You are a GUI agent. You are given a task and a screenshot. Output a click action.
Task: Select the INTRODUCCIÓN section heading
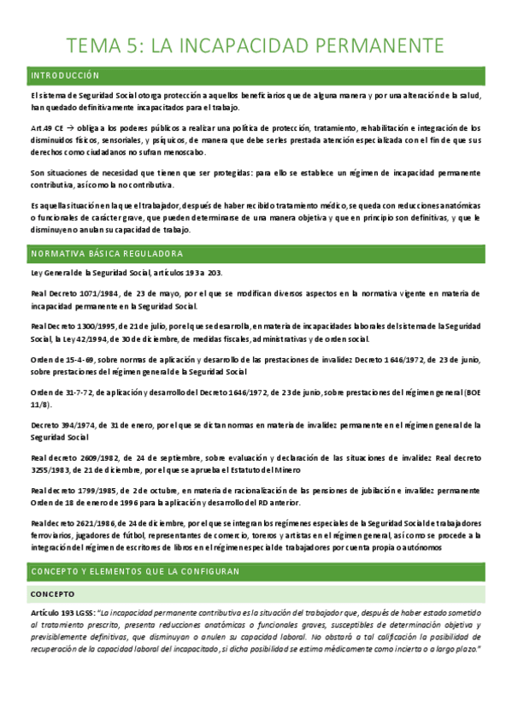[65, 76]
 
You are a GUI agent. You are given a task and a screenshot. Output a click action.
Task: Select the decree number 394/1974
[77, 425]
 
